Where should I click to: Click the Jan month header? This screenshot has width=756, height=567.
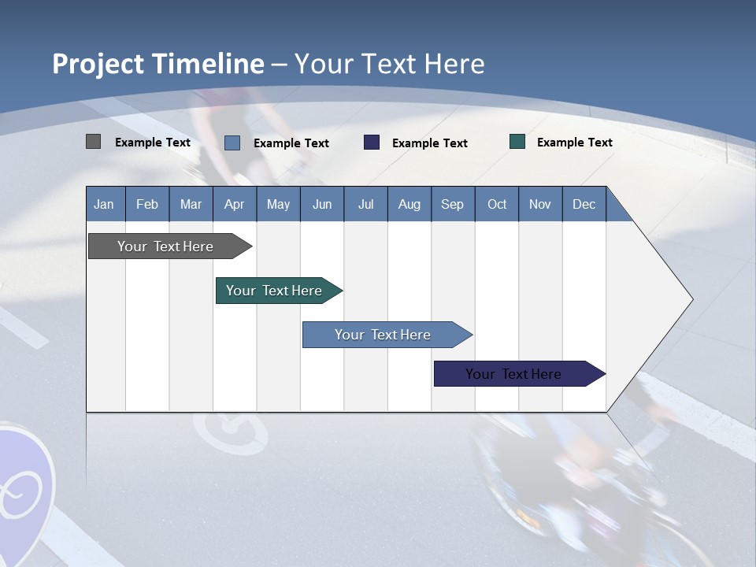(105, 204)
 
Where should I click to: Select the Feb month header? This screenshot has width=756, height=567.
(147, 204)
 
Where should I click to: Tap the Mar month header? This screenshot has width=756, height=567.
(191, 204)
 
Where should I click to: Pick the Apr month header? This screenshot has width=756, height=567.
(235, 204)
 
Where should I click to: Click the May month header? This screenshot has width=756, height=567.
(278, 204)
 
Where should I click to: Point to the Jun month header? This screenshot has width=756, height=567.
(322, 204)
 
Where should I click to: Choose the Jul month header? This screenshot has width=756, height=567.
(365, 204)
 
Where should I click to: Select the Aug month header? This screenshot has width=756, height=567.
(409, 204)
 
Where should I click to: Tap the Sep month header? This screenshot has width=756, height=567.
(453, 204)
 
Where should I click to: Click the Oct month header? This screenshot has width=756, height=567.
(497, 204)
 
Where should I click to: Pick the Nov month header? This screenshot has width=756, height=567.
(540, 204)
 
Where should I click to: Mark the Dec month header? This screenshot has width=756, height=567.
(584, 204)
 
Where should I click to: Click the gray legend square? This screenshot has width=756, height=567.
(94, 142)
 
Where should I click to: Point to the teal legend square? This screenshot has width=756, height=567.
(517, 142)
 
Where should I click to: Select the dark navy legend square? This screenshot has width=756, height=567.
(372, 143)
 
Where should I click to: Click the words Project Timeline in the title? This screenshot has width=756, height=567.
(158, 64)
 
